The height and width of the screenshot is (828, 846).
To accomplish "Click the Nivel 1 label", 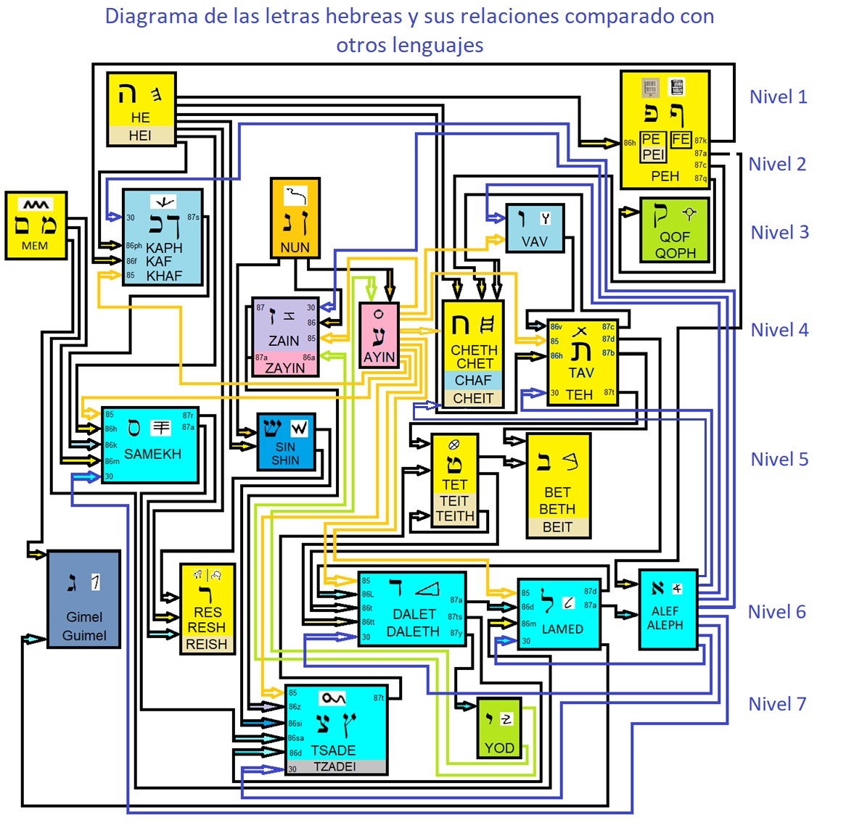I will point(778,97).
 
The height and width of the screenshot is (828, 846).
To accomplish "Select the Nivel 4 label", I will point(779,330).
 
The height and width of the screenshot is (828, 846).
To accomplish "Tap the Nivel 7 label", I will point(776,704).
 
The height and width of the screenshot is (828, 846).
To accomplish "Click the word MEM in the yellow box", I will point(35,246).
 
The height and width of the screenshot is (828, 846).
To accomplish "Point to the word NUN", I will point(295,247).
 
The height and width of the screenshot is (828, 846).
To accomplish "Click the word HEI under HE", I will point(140,136).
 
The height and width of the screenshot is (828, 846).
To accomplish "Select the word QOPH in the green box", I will point(675,253).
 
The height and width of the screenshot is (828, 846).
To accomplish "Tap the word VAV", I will point(535,241).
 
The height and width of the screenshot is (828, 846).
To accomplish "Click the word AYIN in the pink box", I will point(379,357).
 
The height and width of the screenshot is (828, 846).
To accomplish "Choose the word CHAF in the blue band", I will point(473,380).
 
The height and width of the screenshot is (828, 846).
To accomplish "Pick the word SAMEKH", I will point(152,454).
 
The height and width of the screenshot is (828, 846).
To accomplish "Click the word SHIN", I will point(285,460).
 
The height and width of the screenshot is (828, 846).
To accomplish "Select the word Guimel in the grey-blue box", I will point(84,636).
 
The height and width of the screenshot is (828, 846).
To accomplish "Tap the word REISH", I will point(207,644).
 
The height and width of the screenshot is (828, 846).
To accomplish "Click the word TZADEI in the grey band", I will point(334,766).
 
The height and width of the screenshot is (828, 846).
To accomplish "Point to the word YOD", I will point(499,748).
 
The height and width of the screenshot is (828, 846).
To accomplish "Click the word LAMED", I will point(562,629).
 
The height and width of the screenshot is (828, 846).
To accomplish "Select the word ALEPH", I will point(665,625).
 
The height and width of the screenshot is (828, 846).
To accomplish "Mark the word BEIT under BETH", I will point(557,527).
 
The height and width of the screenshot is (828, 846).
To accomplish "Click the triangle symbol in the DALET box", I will point(427,588).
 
